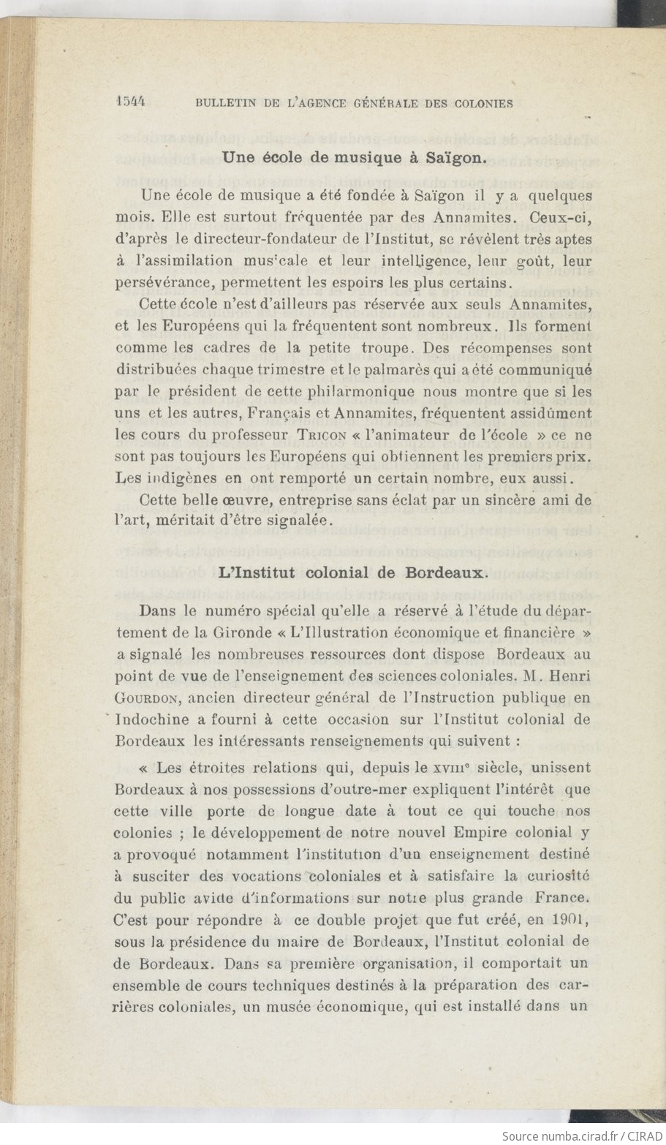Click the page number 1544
(132, 102)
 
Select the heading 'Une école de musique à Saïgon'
(354, 156)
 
